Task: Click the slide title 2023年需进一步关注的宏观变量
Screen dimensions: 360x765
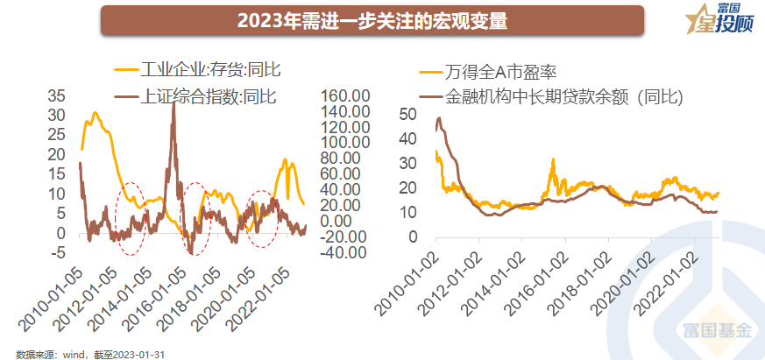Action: [373, 21]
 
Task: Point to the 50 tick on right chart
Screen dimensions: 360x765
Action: [407, 115]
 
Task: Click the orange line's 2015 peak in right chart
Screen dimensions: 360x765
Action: [553, 160]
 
